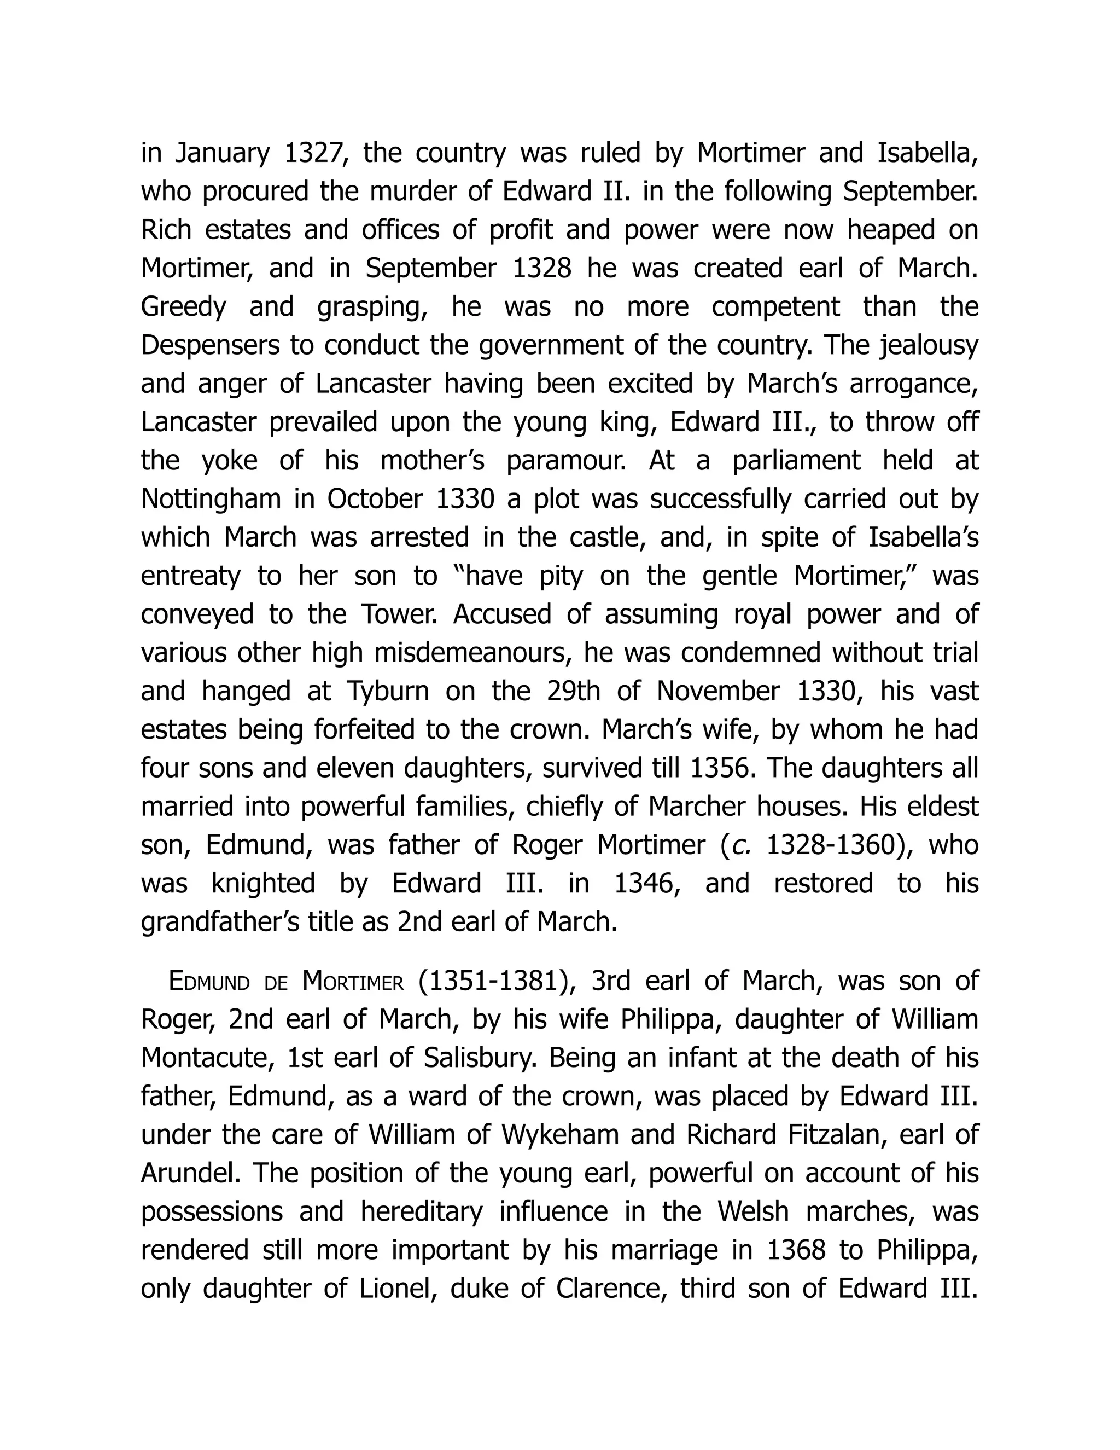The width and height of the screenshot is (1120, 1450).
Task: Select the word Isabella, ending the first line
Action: (x=927, y=153)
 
